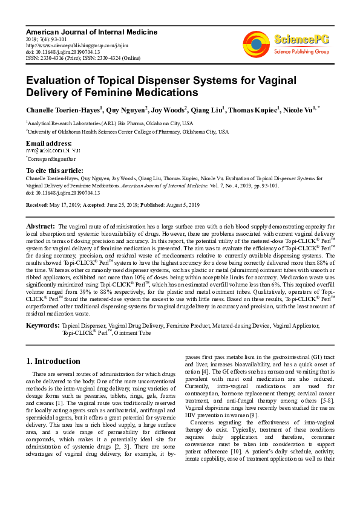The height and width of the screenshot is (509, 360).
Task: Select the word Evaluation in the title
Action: click(x=54, y=80)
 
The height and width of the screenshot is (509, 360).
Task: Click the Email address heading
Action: click(x=49, y=143)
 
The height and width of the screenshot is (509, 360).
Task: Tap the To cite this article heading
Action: click(x=54, y=171)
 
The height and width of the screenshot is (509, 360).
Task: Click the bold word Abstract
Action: click(x=41, y=225)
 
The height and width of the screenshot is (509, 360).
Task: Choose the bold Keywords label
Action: click(x=42, y=326)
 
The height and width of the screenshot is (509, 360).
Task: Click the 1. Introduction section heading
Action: click(x=53, y=361)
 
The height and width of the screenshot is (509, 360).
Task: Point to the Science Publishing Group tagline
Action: click(x=300, y=52)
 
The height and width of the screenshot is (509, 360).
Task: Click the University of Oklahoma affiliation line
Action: click(x=128, y=131)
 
